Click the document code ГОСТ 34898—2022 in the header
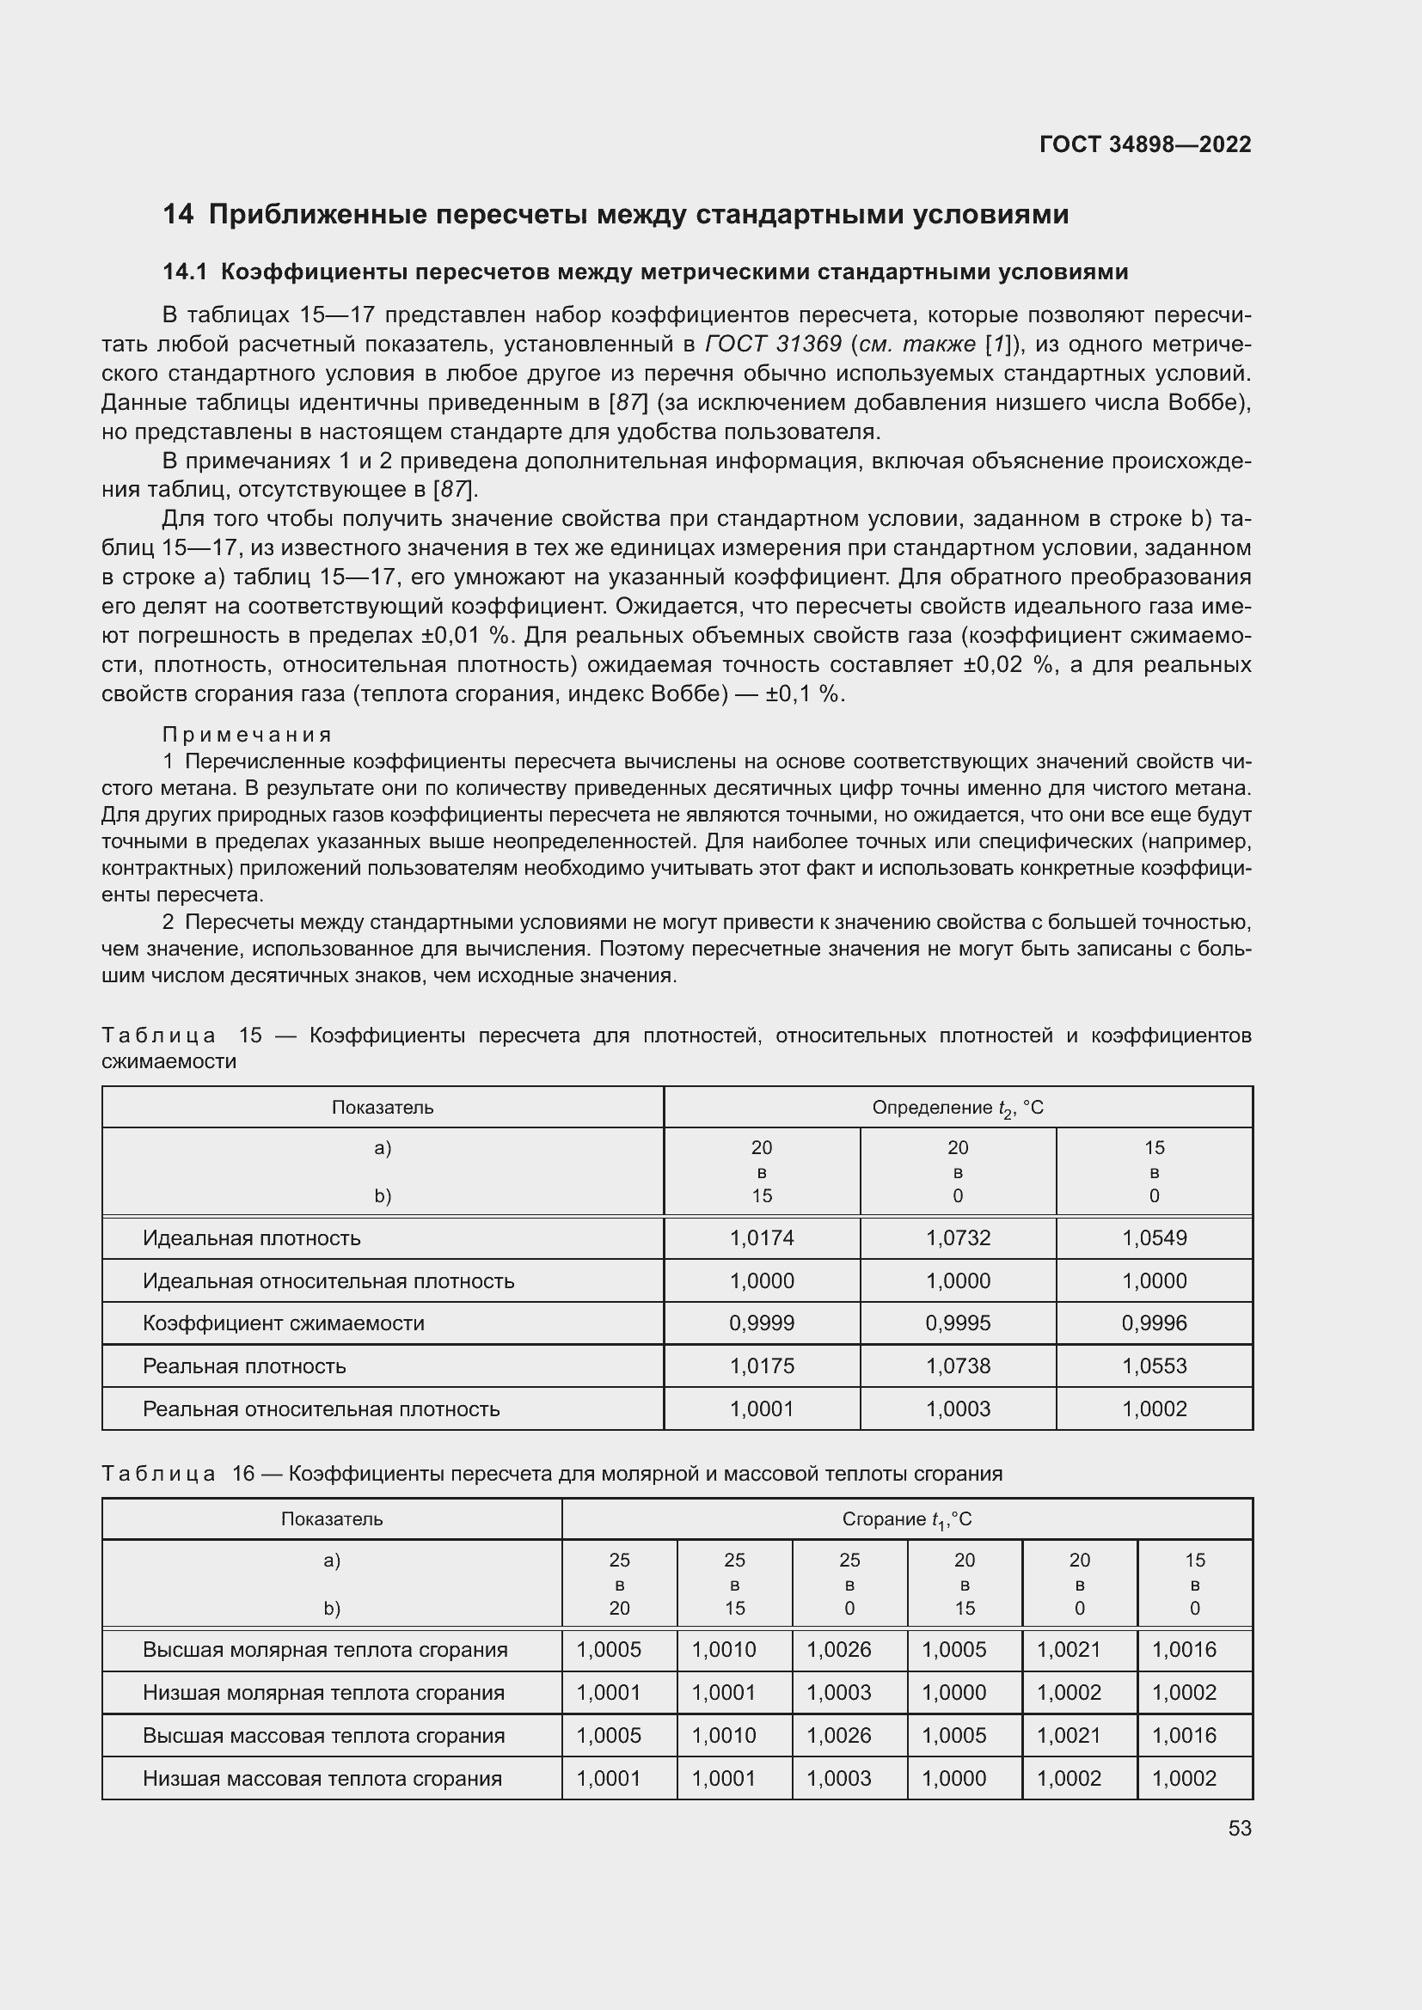tap(1144, 144)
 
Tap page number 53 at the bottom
tap(1239, 1828)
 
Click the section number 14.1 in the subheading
tap(185, 272)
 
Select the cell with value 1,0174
tap(762, 1237)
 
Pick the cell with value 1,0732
tap(958, 1237)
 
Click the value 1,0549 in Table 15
tap(1154, 1237)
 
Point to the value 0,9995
tap(958, 1323)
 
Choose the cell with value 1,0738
tap(958, 1365)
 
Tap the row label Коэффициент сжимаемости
tap(283, 1323)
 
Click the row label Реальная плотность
tap(244, 1365)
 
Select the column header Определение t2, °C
tap(957, 1108)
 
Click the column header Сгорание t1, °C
tap(906, 1518)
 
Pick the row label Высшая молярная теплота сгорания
tap(325, 1649)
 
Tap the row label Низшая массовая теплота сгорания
tap(322, 1778)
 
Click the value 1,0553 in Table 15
tap(1154, 1365)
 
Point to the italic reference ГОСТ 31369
tap(773, 344)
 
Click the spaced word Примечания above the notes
tap(247, 735)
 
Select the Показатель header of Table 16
tap(331, 1518)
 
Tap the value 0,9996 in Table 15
tap(1154, 1323)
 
